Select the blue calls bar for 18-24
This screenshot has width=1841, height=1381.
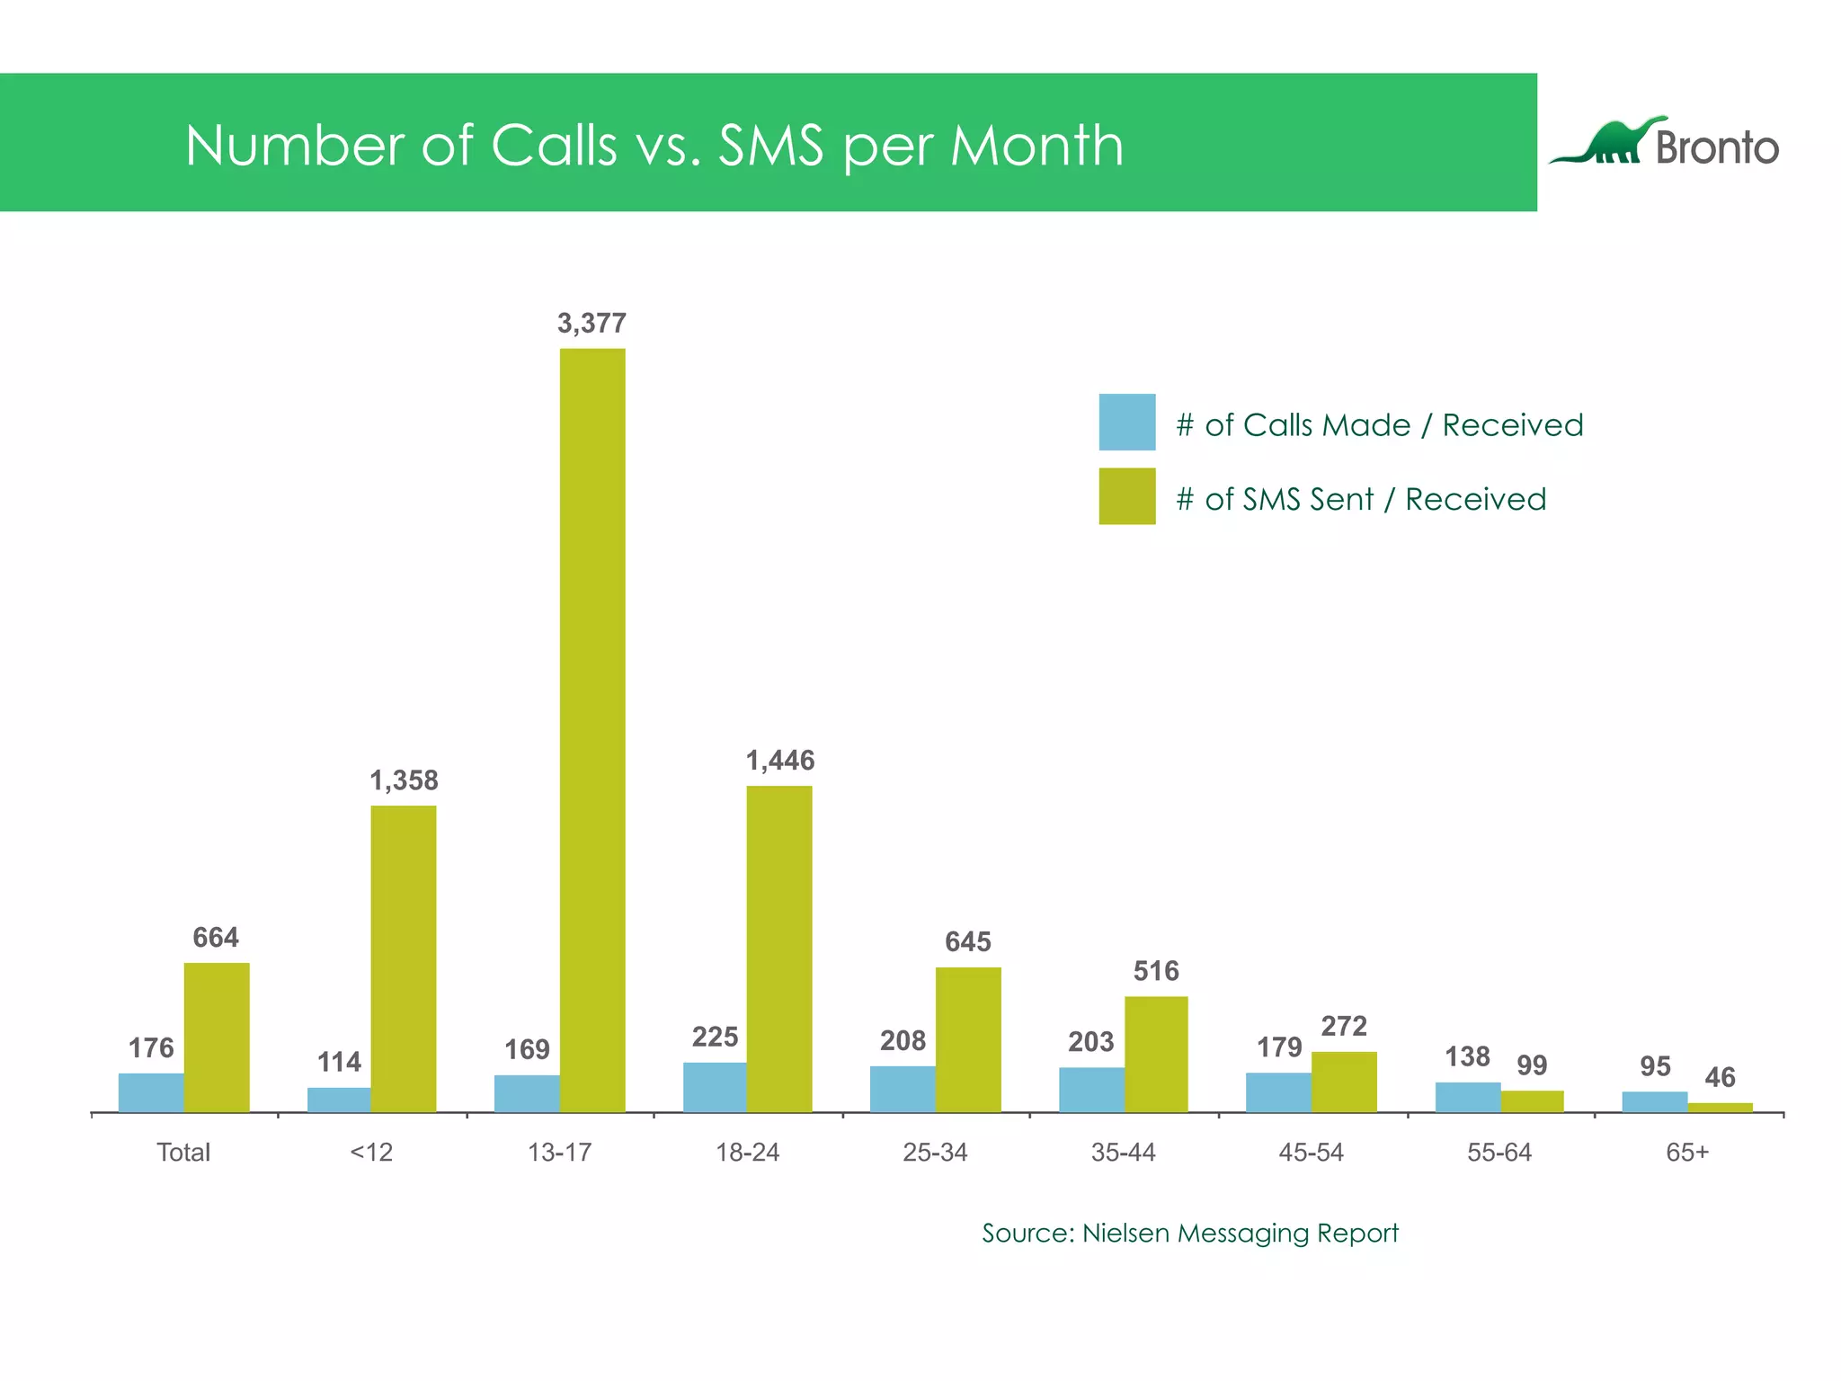click(x=715, y=1087)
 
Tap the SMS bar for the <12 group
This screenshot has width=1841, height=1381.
click(x=404, y=958)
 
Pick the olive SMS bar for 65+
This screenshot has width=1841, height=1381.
click(x=1720, y=1108)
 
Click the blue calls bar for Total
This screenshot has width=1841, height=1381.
click(x=151, y=1092)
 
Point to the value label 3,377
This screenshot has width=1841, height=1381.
click(x=591, y=323)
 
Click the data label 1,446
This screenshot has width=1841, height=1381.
click(x=779, y=761)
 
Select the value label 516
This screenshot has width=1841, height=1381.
click(x=1155, y=971)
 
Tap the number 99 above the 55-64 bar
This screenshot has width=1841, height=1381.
click(x=1532, y=1065)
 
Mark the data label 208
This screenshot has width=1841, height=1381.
click(x=903, y=1041)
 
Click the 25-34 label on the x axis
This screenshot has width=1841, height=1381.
click(x=935, y=1153)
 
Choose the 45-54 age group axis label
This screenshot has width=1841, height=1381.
click(x=1311, y=1153)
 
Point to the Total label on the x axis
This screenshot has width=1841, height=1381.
click(x=183, y=1153)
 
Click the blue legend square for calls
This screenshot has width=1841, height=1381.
click(x=1126, y=422)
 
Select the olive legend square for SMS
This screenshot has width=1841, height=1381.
click(x=1126, y=496)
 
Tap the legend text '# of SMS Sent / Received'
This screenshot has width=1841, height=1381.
click(x=1361, y=499)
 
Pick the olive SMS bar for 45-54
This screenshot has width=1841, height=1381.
click(x=1344, y=1082)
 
